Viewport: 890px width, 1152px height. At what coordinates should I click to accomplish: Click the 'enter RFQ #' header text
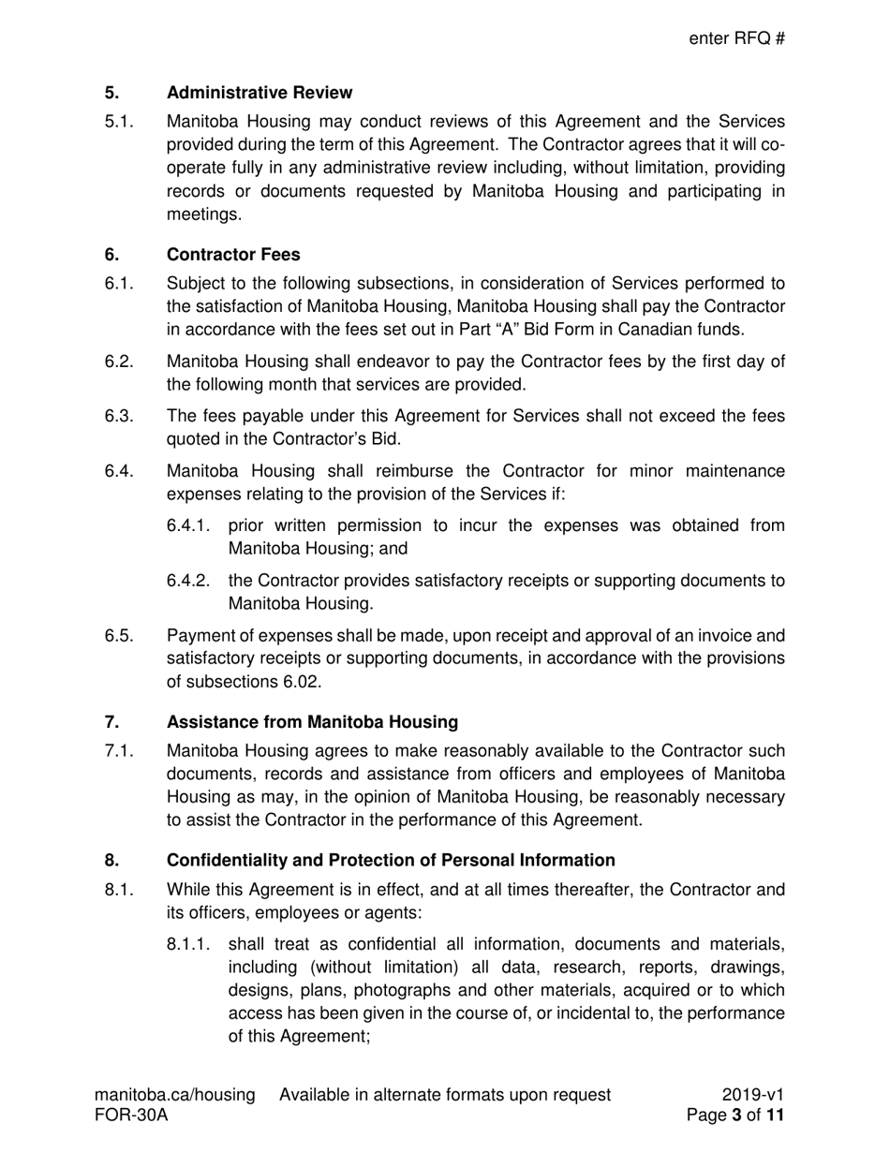736,38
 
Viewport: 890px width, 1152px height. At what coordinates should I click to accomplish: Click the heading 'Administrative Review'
260,93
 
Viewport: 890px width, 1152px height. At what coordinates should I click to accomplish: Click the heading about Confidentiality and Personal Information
391,860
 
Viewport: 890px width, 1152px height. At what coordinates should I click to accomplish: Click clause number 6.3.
118,416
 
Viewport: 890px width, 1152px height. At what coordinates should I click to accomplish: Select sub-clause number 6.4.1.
187,525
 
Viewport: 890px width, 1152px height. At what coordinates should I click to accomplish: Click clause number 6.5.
118,636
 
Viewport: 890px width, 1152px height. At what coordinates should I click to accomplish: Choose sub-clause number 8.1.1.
187,944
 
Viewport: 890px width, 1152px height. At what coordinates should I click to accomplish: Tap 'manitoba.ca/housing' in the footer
174,1095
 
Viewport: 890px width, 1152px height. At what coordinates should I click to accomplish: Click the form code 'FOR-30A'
131,1115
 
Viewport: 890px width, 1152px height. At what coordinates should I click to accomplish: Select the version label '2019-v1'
753,1095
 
